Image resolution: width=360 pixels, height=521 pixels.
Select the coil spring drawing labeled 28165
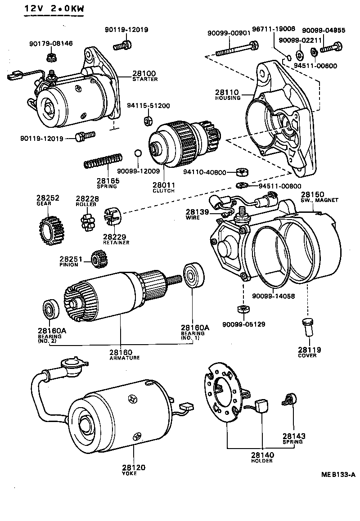tap(103, 161)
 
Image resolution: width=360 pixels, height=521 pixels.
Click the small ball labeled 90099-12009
tap(138, 154)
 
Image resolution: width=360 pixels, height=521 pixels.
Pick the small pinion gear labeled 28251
tap(98, 259)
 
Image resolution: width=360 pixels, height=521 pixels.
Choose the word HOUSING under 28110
tap(228, 98)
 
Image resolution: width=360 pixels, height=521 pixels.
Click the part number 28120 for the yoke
tap(134, 468)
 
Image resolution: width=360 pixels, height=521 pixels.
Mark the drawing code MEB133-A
tap(338, 474)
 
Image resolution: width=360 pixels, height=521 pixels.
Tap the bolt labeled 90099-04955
tap(332, 47)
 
